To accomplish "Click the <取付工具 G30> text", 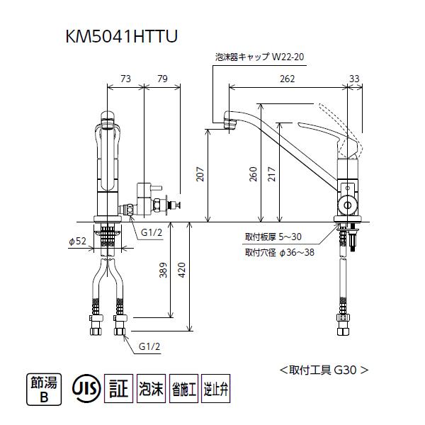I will [324, 369].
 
